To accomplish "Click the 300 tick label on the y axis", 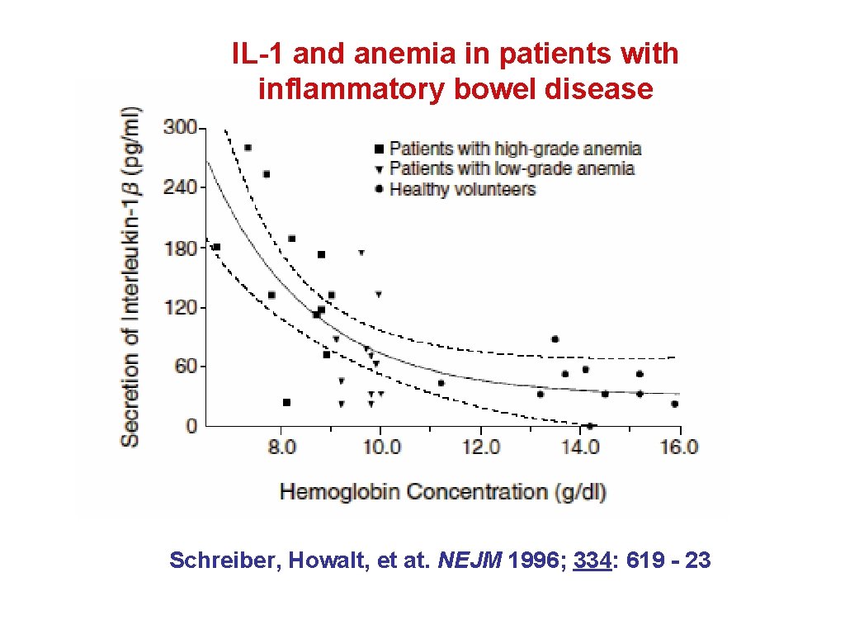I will [x=181, y=128].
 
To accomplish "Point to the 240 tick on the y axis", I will [x=181, y=187].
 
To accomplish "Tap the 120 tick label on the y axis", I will [x=181, y=307].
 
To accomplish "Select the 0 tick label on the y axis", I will [x=191, y=426].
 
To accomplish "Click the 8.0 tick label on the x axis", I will [x=281, y=447].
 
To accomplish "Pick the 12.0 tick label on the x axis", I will [x=480, y=447].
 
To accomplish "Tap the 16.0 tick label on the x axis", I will [x=679, y=447].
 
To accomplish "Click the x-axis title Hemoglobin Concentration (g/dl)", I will [x=443, y=492].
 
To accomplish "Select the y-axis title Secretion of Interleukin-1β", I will [x=130, y=277].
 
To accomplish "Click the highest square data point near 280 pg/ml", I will [x=248, y=148].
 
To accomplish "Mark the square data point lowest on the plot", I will [x=286, y=402].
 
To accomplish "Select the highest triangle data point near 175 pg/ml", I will [x=361, y=253].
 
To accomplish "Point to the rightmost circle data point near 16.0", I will [x=674, y=404].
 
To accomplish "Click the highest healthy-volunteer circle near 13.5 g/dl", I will [x=555, y=339].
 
